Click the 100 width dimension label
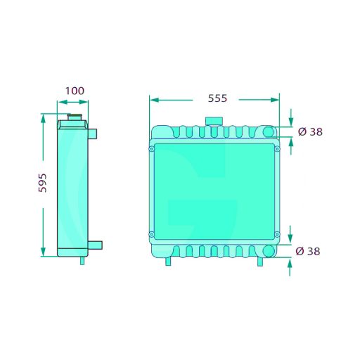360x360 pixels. (75, 91)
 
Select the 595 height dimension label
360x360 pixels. (43, 183)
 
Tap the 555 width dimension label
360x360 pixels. (217, 98)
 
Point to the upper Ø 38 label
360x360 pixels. (310, 131)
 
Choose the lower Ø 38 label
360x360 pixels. (308, 251)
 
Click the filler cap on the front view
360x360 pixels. (214, 121)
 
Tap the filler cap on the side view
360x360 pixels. (75, 117)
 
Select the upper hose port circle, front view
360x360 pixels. (269, 131)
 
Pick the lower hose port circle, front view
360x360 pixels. (269, 251)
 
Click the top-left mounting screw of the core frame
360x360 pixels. (152, 149)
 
